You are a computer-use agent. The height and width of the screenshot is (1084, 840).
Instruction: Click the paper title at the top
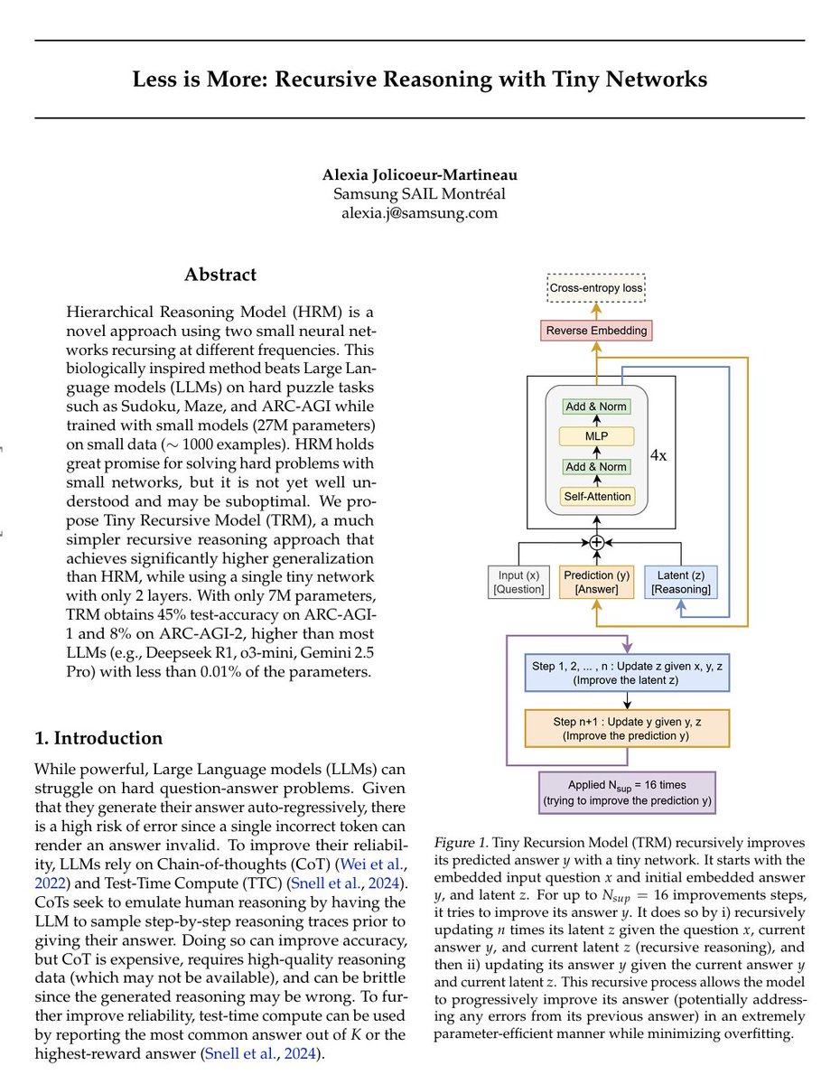coord(419,79)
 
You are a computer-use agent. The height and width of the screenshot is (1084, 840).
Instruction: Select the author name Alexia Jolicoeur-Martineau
coord(419,175)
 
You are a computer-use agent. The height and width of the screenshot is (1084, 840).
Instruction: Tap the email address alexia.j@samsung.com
coord(419,213)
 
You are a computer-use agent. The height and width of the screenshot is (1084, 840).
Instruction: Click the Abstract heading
coord(220,275)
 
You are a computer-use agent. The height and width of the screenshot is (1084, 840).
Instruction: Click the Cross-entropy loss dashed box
coord(596,291)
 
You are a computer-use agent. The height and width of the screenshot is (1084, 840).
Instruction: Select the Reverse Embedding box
coord(596,331)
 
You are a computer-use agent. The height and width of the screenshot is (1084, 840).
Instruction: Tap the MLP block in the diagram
coord(595,436)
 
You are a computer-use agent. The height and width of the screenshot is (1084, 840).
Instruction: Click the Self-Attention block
coord(595,496)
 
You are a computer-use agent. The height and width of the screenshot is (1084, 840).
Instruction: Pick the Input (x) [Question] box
coord(517,582)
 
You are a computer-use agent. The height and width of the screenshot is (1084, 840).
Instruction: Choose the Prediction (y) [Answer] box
coord(596,582)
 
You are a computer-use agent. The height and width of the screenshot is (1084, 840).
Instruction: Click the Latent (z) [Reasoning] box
coord(681,582)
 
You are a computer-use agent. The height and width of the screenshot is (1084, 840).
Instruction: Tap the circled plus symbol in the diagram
coord(596,543)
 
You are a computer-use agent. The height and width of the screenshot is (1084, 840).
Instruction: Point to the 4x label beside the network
coord(659,455)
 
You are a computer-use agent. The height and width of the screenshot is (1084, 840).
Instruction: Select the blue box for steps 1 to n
coord(627,674)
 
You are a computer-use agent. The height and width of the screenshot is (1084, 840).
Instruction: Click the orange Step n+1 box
coord(627,728)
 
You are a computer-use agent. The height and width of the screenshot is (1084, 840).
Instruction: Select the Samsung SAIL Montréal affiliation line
coord(419,194)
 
